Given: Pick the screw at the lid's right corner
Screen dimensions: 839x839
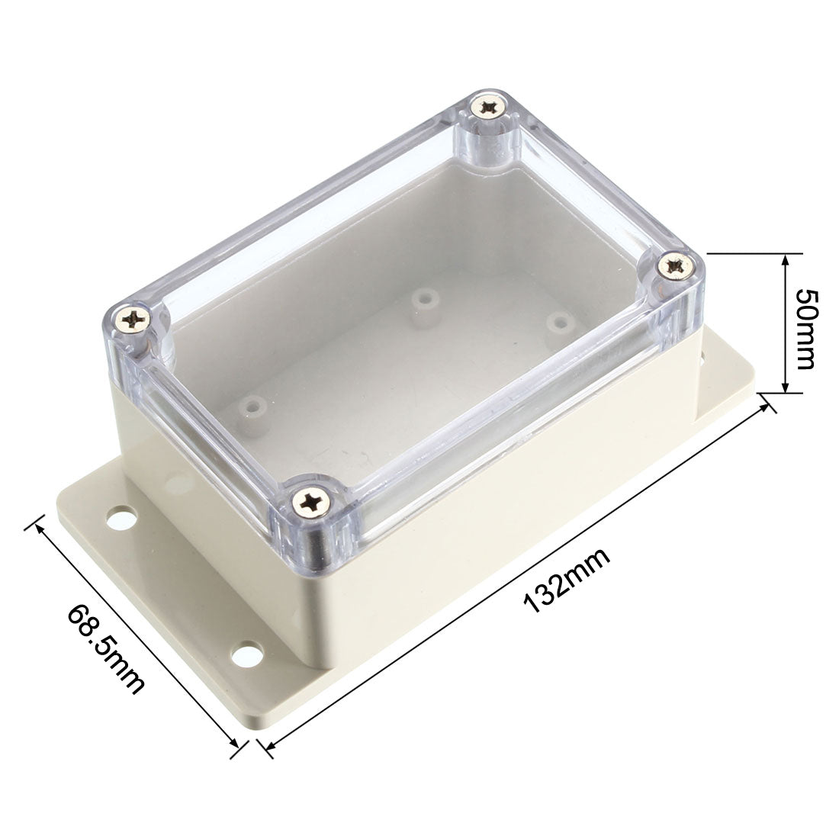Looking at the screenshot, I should (675, 267).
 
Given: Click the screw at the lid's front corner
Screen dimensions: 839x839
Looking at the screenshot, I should (313, 502).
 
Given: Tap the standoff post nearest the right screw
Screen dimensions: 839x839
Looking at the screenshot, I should (560, 320).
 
